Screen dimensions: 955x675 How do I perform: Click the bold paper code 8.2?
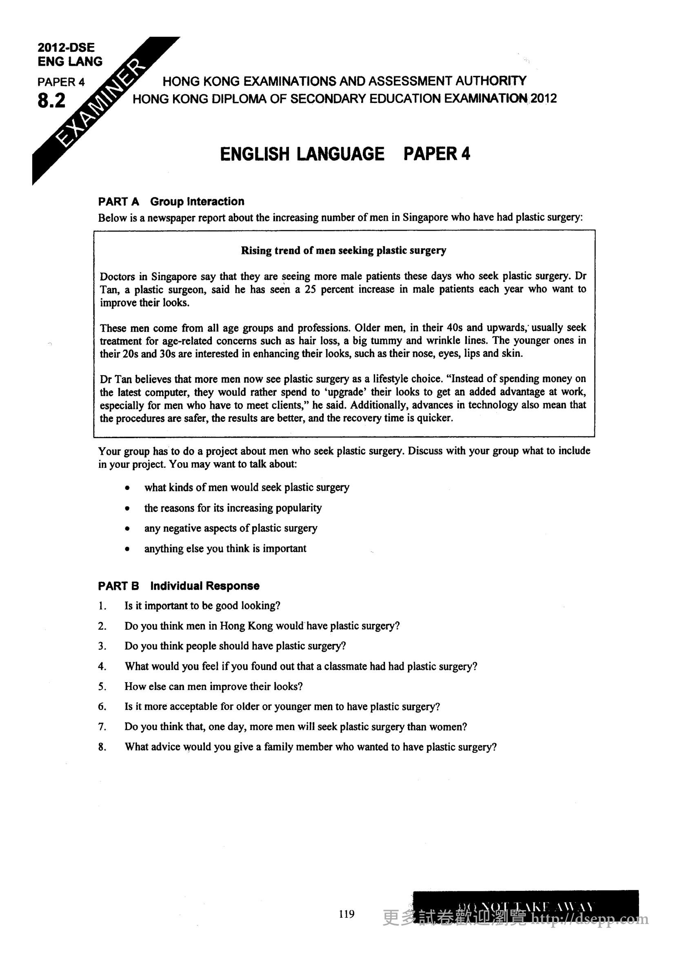point(51,101)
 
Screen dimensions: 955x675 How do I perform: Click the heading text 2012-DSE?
point(66,47)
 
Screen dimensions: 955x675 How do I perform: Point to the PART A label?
point(118,202)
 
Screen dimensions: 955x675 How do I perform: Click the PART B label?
point(118,586)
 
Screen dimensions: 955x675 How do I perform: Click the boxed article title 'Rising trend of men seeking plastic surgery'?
point(344,250)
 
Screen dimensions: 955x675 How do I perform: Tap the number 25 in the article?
point(310,289)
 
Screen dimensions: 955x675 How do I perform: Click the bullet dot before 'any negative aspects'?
point(128,529)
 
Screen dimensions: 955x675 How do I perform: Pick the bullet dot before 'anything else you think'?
point(128,549)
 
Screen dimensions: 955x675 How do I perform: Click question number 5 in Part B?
point(102,687)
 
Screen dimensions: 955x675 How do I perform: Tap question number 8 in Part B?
point(102,748)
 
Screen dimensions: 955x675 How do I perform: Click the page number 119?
point(346,914)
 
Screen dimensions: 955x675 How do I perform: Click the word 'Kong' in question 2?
point(260,626)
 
